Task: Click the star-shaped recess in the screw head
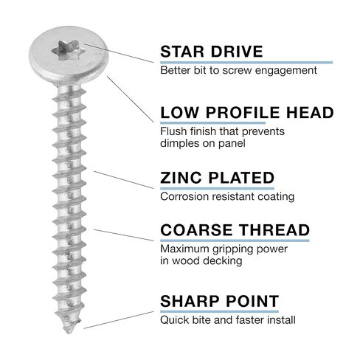(x=69, y=51)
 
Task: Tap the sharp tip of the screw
(x=69, y=333)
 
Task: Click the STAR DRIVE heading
(x=212, y=52)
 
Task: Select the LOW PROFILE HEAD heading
(x=246, y=112)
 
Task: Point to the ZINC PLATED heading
(x=217, y=178)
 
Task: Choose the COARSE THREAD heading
(x=235, y=230)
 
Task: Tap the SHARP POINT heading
(x=219, y=301)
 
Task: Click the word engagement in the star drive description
(x=286, y=71)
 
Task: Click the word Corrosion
(x=184, y=197)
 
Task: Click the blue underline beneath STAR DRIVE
(x=246, y=63)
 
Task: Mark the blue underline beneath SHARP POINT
(x=219, y=311)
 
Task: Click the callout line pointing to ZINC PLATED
(x=123, y=180)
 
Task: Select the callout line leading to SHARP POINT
(x=119, y=320)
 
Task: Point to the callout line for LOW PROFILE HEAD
(x=131, y=99)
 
